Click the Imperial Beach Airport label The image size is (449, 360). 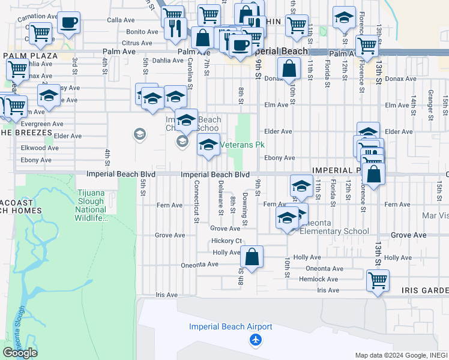pos(231,327)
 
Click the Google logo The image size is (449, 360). pos(20,353)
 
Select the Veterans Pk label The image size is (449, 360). pos(243,145)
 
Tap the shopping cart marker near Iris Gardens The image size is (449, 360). pos(378,280)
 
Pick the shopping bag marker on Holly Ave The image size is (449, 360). pos(252,256)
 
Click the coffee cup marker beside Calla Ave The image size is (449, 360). pos(69,23)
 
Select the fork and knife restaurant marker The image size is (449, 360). pos(175,28)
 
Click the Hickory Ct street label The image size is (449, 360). pos(226,241)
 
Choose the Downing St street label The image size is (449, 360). pos(245,209)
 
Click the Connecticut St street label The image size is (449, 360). pos(196,203)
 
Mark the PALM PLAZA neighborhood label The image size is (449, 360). pos(30,56)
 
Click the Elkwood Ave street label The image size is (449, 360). pos(39,148)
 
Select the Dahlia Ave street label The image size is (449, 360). pos(167,61)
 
